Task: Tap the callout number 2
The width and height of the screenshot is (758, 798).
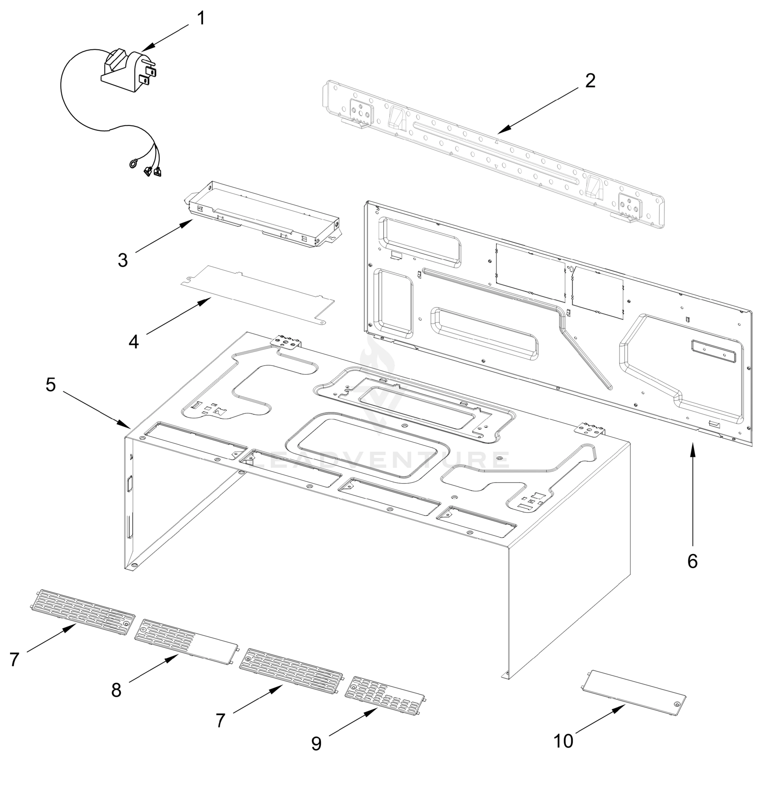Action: click(x=590, y=81)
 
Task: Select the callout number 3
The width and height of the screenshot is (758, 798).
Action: click(x=123, y=260)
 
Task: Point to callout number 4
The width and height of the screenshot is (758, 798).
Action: click(x=134, y=342)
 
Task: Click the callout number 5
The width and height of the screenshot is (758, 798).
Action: click(x=51, y=385)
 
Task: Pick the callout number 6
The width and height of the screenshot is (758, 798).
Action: click(x=692, y=561)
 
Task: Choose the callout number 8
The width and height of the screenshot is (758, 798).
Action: click(x=116, y=690)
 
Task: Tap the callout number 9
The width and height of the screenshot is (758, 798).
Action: click(x=316, y=743)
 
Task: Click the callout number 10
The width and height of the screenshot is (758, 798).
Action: click(x=563, y=741)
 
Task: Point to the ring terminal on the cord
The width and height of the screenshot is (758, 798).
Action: click(x=132, y=164)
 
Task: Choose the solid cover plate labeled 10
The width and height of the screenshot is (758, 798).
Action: click(x=634, y=693)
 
